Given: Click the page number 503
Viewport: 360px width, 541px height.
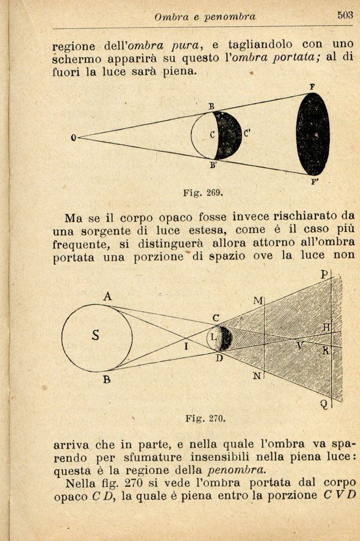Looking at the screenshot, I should pyautogui.click(x=345, y=15).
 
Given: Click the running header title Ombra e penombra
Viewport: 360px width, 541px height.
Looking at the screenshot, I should pyautogui.click(x=205, y=17).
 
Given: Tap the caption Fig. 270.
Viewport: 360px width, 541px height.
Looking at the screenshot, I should pyautogui.click(x=205, y=418).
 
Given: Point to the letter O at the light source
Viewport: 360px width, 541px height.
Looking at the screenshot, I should pyautogui.click(x=74, y=138).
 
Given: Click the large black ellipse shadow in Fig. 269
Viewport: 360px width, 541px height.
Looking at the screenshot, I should pyautogui.click(x=313, y=134).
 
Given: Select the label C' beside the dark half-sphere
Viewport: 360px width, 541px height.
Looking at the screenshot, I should pyautogui.click(x=247, y=135).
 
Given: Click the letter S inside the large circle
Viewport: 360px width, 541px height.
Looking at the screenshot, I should pyautogui.click(x=95, y=336).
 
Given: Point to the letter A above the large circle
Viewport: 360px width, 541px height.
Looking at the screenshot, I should pyautogui.click(x=107, y=297).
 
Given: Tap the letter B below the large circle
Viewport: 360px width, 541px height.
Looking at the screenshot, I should pyautogui.click(x=106, y=380).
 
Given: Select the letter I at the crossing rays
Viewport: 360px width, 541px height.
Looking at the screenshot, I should pyautogui.click(x=186, y=346).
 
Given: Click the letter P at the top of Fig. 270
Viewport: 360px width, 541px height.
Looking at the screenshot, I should pyautogui.click(x=325, y=274).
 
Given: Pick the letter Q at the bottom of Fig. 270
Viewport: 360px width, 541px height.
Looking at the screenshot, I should pyautogui.click(x=324, y=405).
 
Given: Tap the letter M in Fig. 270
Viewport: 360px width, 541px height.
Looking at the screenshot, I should pyautogui.click(x=258, y=300).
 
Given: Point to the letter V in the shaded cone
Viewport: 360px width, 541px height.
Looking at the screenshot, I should pyautogui.click(x=299, y=346).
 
